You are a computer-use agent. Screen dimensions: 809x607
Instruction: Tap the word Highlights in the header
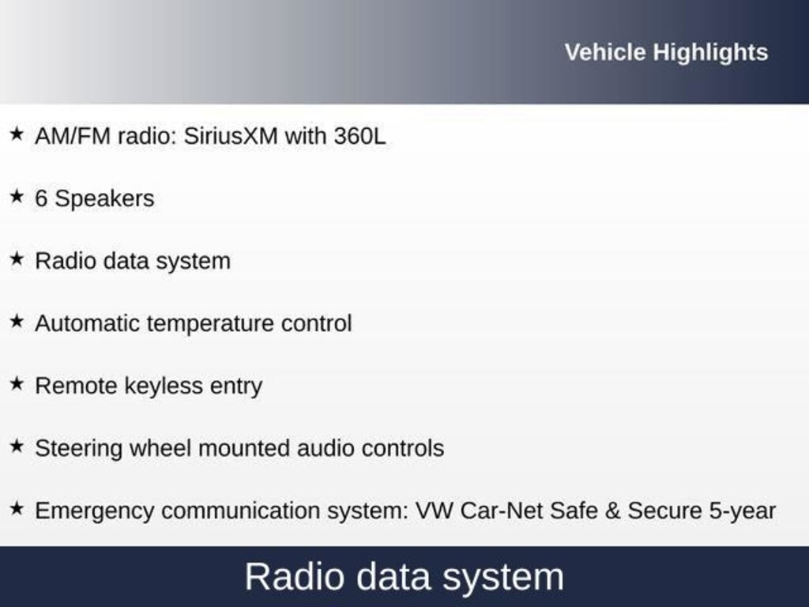pos(710,53)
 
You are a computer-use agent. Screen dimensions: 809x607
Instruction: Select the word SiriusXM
pos(231,136)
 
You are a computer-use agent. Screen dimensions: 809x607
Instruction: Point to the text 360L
pos(359,136)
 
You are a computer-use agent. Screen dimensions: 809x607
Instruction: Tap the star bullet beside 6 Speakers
pos(17,196)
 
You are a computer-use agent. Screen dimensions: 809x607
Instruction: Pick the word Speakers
pos(104,199)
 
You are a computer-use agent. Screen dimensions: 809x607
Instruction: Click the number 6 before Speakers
pos(41,198)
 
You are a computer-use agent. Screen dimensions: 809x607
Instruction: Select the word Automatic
pos(88,323)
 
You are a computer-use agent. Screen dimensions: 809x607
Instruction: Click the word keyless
pos(164,386)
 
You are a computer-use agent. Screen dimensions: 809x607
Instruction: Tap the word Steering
pos(79,449)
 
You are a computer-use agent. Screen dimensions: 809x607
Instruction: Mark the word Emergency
pos(95,511)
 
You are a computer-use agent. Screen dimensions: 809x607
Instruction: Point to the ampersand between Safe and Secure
pos(612,511)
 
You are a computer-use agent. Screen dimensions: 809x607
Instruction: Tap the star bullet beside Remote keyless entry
pos(17,383)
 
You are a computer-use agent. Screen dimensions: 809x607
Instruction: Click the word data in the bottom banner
pos(393,576)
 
